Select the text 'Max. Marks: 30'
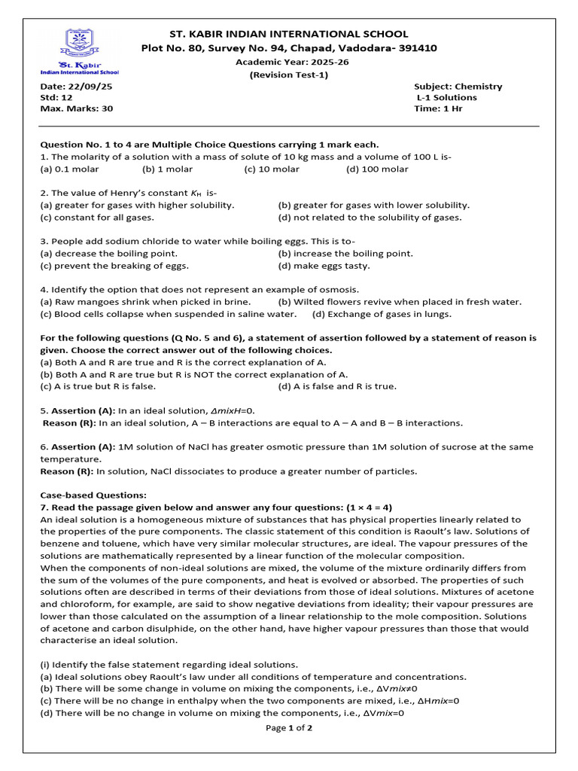pyautogui.click(x=76, y=108)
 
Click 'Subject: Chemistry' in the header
pyautogui.click(x=458, y=87)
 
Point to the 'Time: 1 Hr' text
pyautogui.click(x=438, y=108)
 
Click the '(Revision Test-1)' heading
pyautogui.click(x=289, y=75)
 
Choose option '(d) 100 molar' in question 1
pyautogui.click(x=377, y=169)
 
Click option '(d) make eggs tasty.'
pyautogui.click(x=324, y=265)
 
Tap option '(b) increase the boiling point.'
pyautogui.click(x=345, y=254)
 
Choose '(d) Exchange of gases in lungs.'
pyautogui.click(x=382, y=314)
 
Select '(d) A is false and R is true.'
pyautogui.click(x=337, y=386)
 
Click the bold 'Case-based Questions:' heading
pyautogui.click(x=93, y=495)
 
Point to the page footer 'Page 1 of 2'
pyautogui.click(x=289, y=728)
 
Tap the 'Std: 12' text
pyautogui.click(x=56, y=97)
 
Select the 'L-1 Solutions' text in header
pyautogui.click(x=447, y=97)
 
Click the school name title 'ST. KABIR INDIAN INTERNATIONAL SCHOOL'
pyautogui.click(x=289, y=34)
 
